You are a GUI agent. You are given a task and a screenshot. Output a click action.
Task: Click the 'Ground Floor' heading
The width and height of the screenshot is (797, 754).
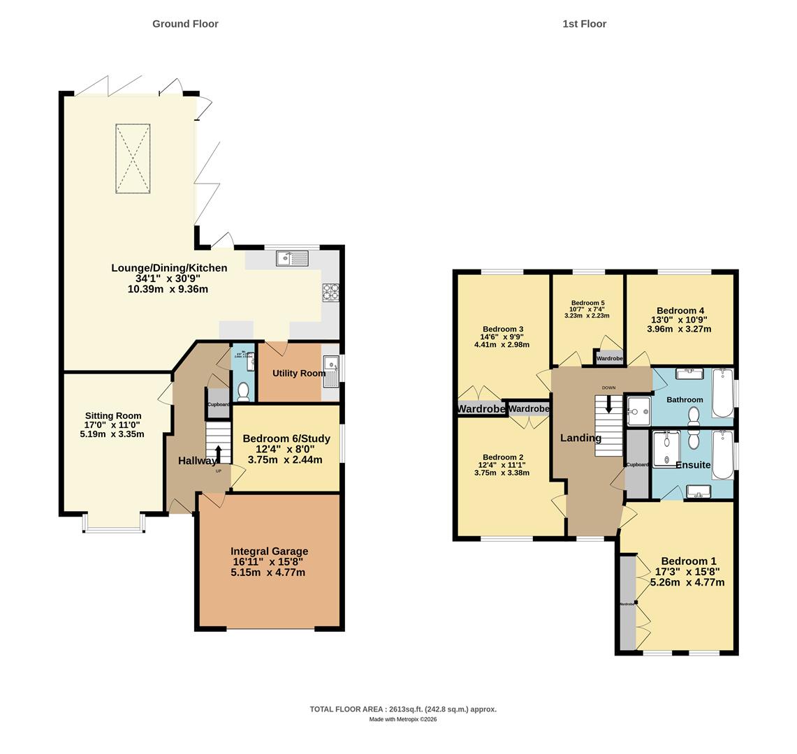(185, 24)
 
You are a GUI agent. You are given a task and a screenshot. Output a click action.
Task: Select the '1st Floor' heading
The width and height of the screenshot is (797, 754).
(584, 24)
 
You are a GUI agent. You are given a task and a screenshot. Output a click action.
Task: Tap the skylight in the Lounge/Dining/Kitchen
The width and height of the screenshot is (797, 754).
(133, 158)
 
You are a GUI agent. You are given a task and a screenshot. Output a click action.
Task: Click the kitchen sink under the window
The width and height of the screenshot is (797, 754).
(292, 258)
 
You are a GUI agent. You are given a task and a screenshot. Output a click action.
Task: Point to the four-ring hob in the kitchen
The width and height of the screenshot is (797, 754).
(330, 292)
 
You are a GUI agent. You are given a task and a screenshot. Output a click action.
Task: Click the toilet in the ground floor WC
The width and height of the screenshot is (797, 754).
(243, 393)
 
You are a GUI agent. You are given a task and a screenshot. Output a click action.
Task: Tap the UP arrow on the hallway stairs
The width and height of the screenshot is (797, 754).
(219, 455)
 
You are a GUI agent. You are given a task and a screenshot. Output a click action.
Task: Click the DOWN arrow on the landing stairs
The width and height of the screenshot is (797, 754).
(608, 404)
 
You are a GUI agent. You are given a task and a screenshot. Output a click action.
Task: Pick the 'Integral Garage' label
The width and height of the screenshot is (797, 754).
(269, 551)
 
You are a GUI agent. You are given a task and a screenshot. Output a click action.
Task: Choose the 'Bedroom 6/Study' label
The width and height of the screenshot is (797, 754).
(286, 438)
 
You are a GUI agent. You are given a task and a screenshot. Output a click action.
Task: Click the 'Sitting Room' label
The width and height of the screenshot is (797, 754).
(113, 415)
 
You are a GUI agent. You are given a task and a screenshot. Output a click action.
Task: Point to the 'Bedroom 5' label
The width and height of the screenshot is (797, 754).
(587, 303)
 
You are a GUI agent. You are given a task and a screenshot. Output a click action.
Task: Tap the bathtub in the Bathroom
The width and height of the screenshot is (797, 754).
(722, 394)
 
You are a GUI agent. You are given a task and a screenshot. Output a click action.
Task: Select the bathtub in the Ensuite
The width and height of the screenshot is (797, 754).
(723, 454)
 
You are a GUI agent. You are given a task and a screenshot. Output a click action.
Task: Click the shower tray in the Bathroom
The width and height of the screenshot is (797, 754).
(638, 411)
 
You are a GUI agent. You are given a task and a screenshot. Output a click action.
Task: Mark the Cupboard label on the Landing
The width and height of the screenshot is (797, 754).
(637, 464)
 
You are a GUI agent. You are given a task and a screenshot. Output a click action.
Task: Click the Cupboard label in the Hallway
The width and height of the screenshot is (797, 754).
(218, 404)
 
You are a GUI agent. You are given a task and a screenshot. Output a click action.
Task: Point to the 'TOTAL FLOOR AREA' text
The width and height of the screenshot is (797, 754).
(403, 709)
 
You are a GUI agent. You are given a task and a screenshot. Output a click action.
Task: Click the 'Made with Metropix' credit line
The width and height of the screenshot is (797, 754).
(403, 719)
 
